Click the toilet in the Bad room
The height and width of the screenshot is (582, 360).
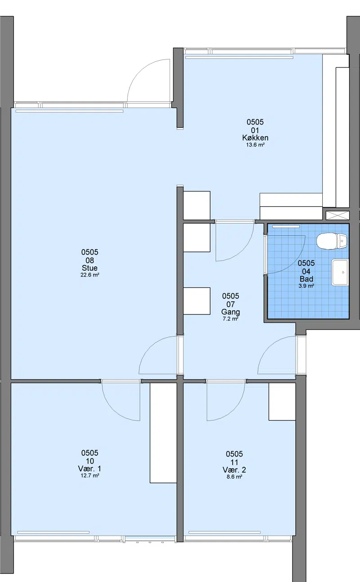[x=332, y=241]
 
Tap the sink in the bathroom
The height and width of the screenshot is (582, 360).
[x=340, y=272]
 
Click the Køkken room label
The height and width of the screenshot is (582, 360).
[x=255, y=138]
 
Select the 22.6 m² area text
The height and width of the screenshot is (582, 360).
[x=90, y=275]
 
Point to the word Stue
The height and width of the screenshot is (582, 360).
[x=90, y=268]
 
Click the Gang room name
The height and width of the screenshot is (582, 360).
[x=230, y=312]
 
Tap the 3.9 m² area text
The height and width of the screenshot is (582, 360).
[x=306, y=286]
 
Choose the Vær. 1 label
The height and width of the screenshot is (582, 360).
[x=90, y=469]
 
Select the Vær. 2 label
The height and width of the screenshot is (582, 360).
[x=234, y=470]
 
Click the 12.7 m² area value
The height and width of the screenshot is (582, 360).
[x=90, y=475]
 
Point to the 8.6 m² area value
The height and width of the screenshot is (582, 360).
[x=234, y=476]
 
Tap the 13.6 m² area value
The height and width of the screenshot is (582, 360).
[x=255, y=145]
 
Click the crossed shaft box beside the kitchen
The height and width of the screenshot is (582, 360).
[x=337, y=215]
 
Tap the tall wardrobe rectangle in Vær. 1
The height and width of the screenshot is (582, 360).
[x=163, y=433]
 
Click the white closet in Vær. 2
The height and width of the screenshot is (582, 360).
[x=282, y=402]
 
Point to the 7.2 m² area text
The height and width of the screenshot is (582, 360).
[x=230, y=319]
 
